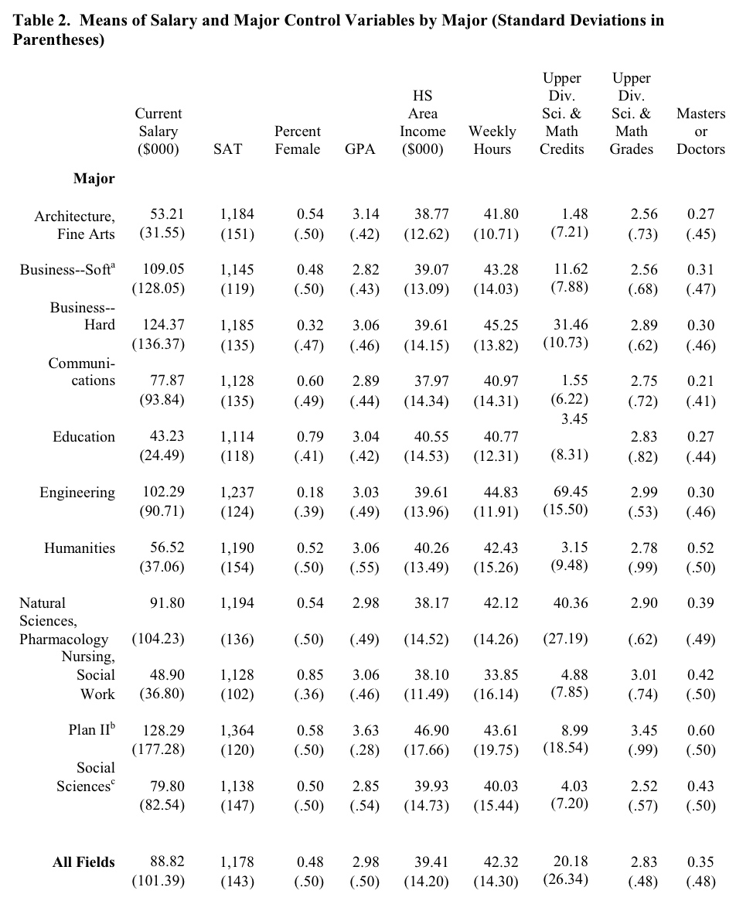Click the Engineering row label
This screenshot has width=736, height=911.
tap(77, 493)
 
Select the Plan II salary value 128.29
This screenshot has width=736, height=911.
tap(164, 730)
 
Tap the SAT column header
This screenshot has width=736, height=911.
tap(228, 148)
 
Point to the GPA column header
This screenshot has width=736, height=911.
tap(360, 148)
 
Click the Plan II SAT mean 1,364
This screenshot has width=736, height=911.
tap(237, 730)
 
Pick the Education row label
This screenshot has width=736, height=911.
tap(83, 437)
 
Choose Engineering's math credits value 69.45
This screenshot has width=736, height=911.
tap(571, 492)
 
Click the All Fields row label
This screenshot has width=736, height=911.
tap(83, 862)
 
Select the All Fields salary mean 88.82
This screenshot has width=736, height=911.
tap(167, 862)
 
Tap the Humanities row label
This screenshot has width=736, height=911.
tap(80, 548)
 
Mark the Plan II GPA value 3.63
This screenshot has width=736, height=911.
tap(366, 730)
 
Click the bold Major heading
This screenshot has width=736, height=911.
tap(94, 179)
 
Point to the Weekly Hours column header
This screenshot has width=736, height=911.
tap(492, 140)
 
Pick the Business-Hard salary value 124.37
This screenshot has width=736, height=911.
tap(164, 326)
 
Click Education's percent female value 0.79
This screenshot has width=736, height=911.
tap(310, 437)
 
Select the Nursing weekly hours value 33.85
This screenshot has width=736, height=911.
tap(501, 675)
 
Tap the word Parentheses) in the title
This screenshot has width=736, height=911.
tap(59, 41)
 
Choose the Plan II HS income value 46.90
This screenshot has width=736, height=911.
tap(431, 730)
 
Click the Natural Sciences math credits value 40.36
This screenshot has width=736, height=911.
tap(571, 603)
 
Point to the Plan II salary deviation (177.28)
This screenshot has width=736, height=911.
tap(158, 749)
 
